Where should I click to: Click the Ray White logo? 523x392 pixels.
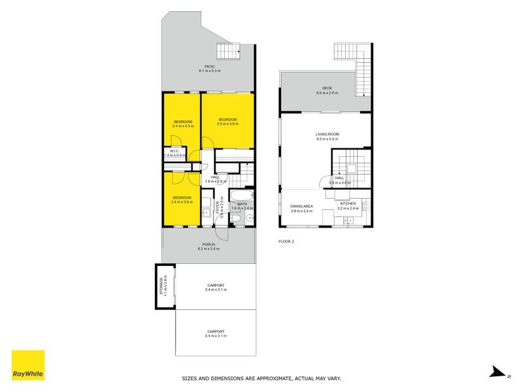[28, 365]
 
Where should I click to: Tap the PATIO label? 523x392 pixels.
[209, 66]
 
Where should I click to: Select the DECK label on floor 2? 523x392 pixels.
[327, 89]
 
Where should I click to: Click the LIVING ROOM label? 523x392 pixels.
[327, 135]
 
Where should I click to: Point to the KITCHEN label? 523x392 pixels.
[348, 203]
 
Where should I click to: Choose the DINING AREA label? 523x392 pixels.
[302, 206]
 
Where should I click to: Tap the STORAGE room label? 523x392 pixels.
[164, 286]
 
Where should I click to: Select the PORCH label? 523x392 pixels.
[209, 244]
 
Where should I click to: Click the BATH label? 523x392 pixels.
[242, 203]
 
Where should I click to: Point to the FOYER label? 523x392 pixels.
[220, 208]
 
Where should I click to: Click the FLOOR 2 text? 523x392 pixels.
[286, 242]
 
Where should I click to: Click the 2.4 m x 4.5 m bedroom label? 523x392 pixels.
[182, 122]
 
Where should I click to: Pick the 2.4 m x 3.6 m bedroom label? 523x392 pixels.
[182, 197]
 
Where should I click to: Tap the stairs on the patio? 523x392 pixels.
[228, 51]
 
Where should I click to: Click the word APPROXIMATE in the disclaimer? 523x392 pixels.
[271, 378]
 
